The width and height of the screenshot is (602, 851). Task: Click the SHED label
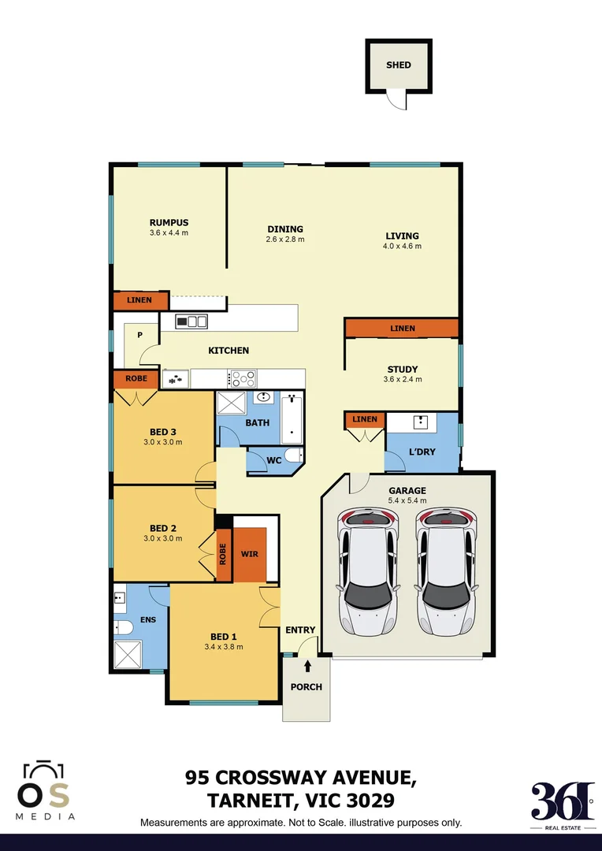399,65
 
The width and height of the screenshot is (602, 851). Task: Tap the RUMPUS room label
169,222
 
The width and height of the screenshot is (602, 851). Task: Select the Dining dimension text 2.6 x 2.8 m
285,240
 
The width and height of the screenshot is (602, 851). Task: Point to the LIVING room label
402,236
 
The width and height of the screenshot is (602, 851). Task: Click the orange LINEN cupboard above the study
402,329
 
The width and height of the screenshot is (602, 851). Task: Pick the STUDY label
402,369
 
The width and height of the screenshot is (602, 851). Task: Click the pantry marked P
139,335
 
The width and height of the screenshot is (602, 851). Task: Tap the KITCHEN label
229,350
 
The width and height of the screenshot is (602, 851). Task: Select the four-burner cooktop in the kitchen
242,378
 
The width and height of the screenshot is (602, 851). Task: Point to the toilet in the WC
292,455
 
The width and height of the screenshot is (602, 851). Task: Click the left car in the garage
366,571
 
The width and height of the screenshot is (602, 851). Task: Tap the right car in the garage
445,571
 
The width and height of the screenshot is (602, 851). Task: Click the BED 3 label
162,431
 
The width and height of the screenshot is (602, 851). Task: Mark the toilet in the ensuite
123,626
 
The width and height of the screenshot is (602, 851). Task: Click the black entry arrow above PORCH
307,667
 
